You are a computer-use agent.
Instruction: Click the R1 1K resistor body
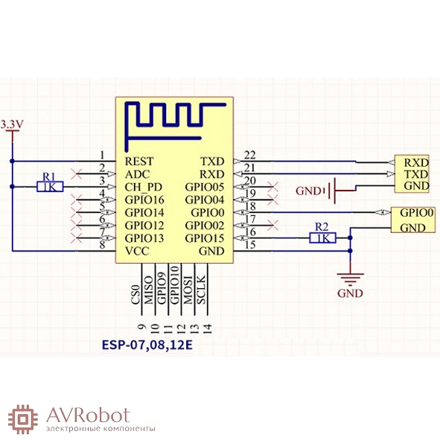pos(50,187)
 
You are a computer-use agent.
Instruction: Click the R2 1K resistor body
pos(322,238)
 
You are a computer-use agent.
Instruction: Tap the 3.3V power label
pos(12,124)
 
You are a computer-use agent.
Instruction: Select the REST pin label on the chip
pos(139,162)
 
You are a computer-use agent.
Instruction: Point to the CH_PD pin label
pos(144,187)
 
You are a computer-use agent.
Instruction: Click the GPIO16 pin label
pos(144,200)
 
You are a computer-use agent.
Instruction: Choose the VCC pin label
pos(137,251)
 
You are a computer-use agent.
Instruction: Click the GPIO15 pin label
pos(205,238)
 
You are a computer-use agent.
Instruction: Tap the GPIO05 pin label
pos(205,187)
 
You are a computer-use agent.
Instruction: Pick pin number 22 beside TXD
pos(249,155)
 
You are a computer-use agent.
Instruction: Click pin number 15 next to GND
pos(249,245)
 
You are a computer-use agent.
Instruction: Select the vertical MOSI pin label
pos(188,290)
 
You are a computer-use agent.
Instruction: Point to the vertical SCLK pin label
pos(202,290)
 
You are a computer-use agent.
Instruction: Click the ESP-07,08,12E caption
pos(147,345)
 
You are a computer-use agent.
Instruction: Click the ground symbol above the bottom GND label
pos(350,278)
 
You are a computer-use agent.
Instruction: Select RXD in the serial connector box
pos(416,162)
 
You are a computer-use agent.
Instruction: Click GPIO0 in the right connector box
pos(417,212)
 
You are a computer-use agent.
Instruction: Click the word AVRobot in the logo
pos(89,415)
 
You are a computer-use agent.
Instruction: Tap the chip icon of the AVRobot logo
pos(23,419)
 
